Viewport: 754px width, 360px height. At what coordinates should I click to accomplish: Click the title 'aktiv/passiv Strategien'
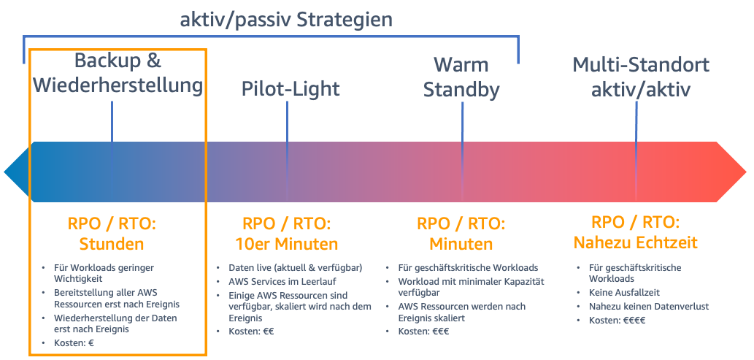click(287, 19)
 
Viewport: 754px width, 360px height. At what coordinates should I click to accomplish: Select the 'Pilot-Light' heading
click(291, 89)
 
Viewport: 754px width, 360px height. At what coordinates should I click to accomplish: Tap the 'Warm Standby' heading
click(461, 77)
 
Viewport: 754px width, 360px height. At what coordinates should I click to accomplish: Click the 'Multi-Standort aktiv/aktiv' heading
click(641, 77)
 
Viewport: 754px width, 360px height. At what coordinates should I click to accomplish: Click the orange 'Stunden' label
click(112, 243)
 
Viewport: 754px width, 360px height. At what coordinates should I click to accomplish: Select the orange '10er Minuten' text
click(286, 243)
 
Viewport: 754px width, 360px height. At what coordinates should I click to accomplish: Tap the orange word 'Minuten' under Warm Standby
click(461, 243)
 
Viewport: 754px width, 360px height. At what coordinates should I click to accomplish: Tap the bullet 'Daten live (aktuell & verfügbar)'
click(295, 268)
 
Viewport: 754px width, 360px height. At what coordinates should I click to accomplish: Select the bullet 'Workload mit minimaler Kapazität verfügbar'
click(471, 287)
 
